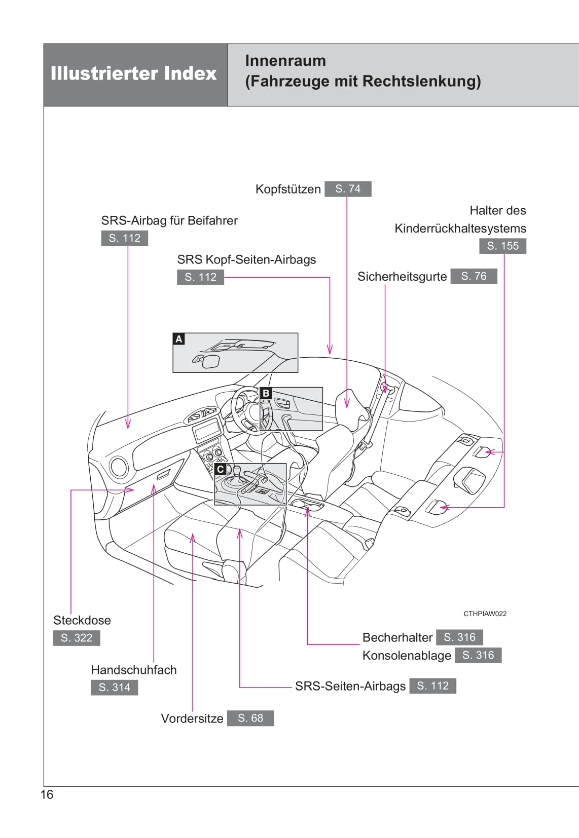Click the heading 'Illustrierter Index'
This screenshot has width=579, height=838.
[133, 73]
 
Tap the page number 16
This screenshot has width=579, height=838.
[47, 794]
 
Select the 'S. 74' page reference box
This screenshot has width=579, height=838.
[348, 189]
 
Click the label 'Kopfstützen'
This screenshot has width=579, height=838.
[288, 189]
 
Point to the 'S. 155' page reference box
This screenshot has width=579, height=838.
[502, 246]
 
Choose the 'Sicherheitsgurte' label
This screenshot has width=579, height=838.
[402, 277]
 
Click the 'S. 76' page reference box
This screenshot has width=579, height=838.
[474, 276]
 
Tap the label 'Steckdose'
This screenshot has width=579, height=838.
[82, 620]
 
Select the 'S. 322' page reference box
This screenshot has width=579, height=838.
[77, 638]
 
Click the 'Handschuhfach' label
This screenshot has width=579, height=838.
[134, 670]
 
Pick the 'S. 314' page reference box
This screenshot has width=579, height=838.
[114, 688]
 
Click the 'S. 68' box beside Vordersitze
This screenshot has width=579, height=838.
[250, 718]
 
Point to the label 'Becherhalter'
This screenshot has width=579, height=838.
[397, 637]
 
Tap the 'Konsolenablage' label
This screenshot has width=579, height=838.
[407, 656]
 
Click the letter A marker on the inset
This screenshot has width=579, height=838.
[178, 339]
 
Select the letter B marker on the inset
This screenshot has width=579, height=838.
[266, 393]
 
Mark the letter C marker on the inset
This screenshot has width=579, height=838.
[220, 469]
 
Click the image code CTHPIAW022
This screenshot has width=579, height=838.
[485, 614]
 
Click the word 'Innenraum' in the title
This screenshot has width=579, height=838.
[285, 61]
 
